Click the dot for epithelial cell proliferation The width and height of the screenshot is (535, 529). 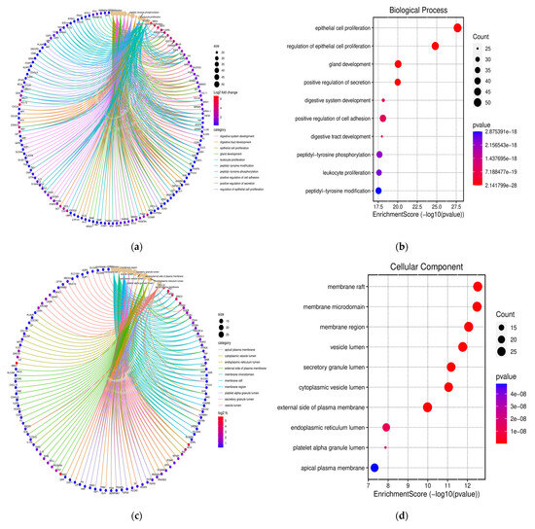click(457, 27)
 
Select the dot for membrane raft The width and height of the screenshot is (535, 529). click(478, 287)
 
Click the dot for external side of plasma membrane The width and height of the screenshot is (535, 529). click(428, 407)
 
